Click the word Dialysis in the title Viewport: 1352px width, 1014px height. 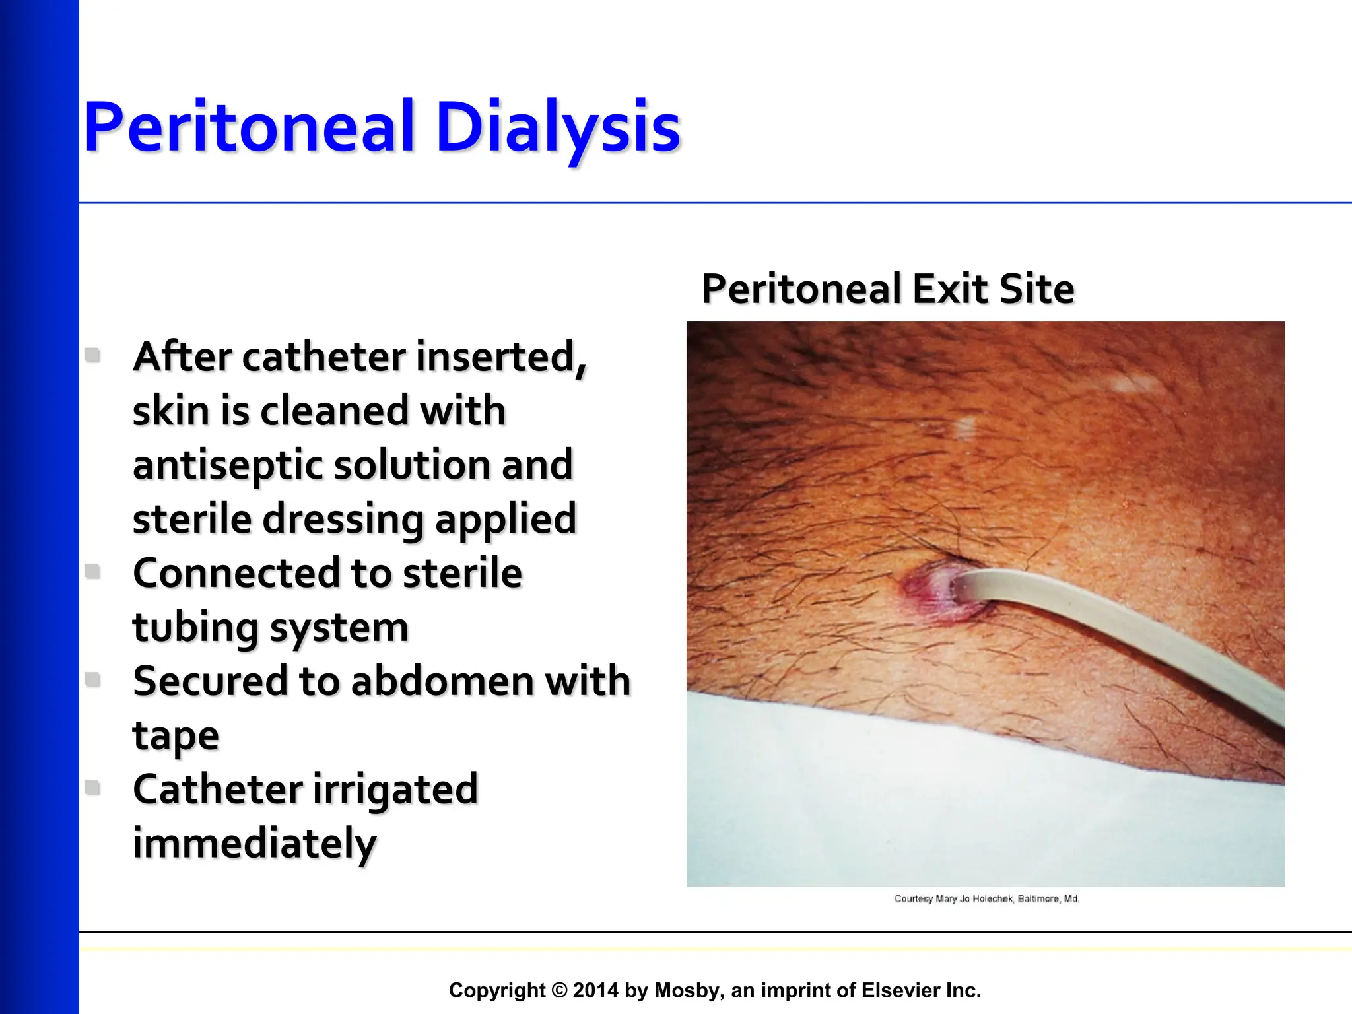558,127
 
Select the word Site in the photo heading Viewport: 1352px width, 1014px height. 1036,289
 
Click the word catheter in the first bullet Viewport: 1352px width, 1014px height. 323,357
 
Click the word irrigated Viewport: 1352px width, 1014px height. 394,789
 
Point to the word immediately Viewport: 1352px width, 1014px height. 254,843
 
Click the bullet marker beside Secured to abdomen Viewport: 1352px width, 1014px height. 93,679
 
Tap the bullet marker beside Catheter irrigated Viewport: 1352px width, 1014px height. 93,787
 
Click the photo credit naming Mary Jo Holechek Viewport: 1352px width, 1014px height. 986,899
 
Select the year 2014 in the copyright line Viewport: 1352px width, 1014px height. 595,990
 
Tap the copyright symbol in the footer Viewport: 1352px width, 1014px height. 559,990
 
